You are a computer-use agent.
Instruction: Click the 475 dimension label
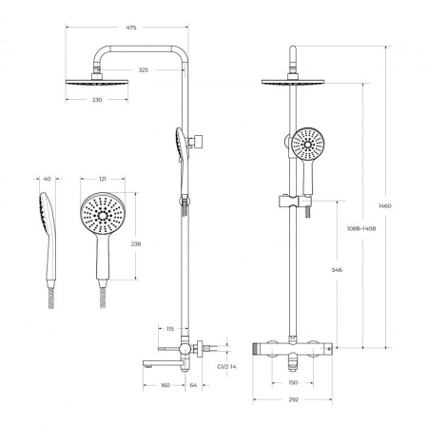131,28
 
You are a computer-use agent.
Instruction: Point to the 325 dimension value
144,70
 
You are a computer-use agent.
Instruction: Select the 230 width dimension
97,100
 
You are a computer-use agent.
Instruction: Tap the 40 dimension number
47,179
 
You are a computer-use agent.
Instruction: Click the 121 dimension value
103,179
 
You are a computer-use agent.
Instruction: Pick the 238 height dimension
136,244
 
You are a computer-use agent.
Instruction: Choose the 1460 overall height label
385,205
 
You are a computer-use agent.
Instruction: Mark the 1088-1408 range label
361,228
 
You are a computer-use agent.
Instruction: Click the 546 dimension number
337,270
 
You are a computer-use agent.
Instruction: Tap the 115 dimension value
170,329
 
